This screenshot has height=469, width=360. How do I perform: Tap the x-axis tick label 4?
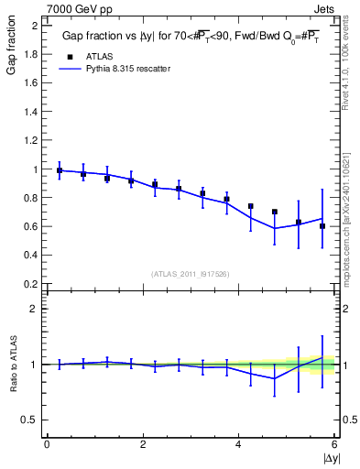[x=239, y=445]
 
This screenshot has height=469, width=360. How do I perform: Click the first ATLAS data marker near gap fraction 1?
[x=60, y=170]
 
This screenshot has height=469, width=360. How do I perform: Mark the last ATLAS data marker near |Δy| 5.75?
[x=322, y=225]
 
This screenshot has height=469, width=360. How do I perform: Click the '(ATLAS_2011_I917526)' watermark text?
[x=191, y=274]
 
